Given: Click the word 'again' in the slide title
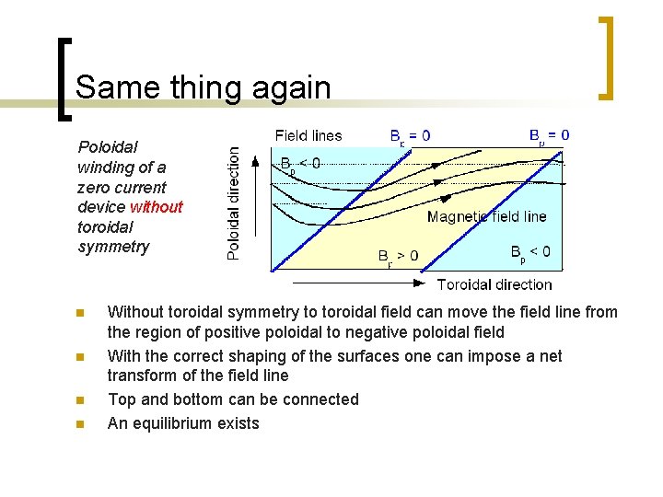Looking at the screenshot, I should click(x=286, y=87).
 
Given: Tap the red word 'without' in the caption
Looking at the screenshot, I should click(x=157, y=207).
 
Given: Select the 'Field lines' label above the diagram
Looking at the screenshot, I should click(x=308, y=136).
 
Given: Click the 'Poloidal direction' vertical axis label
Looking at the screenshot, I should click(x=234, y=202).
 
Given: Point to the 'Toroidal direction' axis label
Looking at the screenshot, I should click(x=494, y=284).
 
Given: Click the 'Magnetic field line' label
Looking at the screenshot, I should click(x=486, y=217).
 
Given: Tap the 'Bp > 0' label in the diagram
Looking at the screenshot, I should click(x=398, y=257).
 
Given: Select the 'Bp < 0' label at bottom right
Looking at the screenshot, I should click(x=530, y=252).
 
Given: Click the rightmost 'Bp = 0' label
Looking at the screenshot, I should click(x=549, y=135).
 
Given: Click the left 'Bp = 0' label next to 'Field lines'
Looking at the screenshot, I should click(x=410, y=136).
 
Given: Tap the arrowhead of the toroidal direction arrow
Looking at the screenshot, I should click(x=420, y=283).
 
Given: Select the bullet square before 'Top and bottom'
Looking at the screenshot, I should click(x=81, y=400).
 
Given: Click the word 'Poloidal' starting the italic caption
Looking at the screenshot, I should click(x=108, y=146).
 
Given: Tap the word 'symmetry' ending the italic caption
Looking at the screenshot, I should click(x=113, y=248).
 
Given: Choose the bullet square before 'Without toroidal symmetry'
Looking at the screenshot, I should click(x=81, y=313).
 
